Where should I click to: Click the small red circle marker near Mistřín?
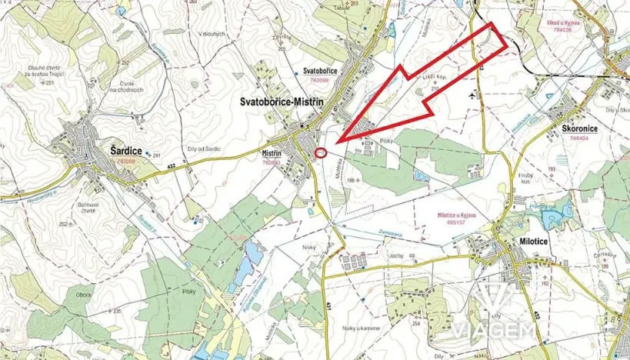322,152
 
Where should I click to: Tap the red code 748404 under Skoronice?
575,138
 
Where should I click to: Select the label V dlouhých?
211,34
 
